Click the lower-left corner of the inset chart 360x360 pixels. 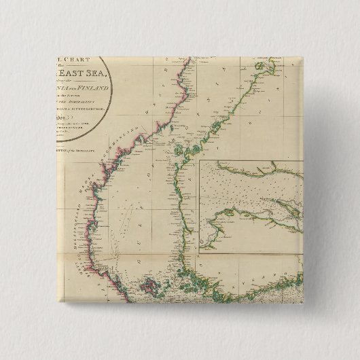200,254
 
